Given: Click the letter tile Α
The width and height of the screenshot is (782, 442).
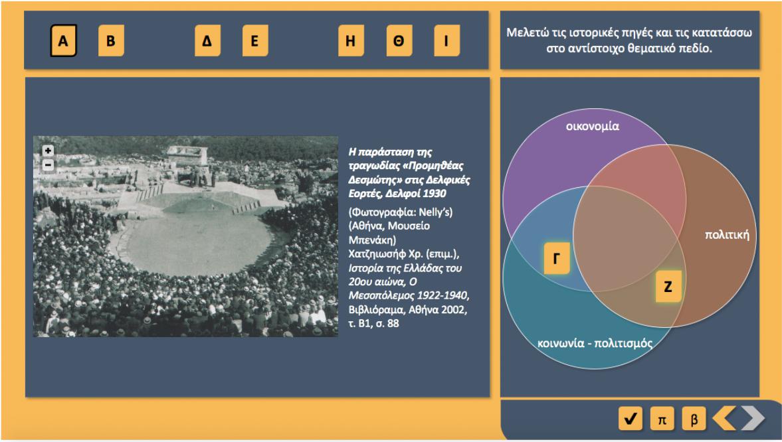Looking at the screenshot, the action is coord(63,40).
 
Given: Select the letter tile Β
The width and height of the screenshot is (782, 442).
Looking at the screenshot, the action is coord(111,40).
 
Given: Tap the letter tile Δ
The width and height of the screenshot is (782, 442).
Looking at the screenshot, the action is coord(207,40).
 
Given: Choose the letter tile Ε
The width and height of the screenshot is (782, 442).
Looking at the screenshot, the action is coord(255,40).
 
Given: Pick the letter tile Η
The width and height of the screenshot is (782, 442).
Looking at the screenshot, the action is coord(351,40).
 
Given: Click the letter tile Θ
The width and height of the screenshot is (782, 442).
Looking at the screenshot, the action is coord(399,40).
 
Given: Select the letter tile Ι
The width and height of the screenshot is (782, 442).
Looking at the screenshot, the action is coord(447,40).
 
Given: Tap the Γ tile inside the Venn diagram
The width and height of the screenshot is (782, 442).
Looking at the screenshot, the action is coord(557,258).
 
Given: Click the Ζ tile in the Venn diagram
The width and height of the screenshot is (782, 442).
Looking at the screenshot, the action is coord(668,287).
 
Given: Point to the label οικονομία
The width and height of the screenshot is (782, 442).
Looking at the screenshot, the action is coord(593,127).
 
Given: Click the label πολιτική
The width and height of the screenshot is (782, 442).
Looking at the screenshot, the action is coord(727,235).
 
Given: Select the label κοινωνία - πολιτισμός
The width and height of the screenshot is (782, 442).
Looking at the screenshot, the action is coord(595,343).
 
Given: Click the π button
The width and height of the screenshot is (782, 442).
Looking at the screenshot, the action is coord(662,419).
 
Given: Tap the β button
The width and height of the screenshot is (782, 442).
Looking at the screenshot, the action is coord(694,419).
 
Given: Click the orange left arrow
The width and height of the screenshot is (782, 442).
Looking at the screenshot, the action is coord(725,418).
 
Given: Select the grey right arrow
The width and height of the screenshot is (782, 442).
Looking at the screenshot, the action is coord(753,418).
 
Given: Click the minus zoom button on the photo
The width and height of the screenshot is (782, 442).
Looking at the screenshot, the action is coord(48,165).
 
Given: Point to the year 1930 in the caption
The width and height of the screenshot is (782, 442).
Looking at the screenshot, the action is coord(435,193).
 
